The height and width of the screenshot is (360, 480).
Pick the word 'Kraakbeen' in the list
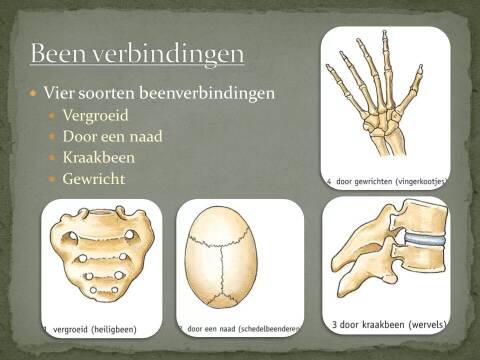(x=99, y=158)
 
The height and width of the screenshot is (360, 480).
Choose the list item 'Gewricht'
(x=94, y=179)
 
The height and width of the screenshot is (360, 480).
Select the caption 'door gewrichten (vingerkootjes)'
(x=389, y=181)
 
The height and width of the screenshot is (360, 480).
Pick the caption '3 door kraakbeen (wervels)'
(x=387, y=324)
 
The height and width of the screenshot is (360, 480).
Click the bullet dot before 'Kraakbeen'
(x=54, y=158)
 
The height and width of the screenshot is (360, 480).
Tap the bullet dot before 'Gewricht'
(x=54, y=180)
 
